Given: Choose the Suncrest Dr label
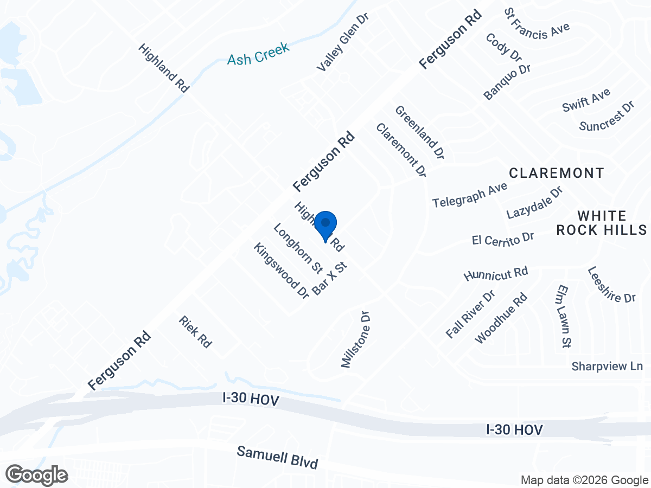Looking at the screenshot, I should pos(607,116).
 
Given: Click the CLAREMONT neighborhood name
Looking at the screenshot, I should pos(557,173).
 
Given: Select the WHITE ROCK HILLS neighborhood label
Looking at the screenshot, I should pos(602,223).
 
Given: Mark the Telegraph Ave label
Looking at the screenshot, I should pos(469,195).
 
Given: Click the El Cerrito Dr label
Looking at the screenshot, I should pos(503,240).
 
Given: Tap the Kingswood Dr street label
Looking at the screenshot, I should pos(281,270).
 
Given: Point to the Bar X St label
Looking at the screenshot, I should pos(329,279).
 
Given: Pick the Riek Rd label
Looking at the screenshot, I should pos(195,332).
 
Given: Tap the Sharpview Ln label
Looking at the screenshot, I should pos(607,367).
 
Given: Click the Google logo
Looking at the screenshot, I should pos(37,475).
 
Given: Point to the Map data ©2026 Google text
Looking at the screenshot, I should pos(584,480).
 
